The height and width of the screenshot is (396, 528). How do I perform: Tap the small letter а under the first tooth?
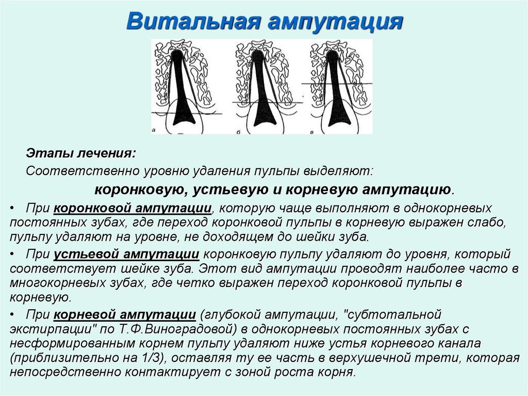point(155,130)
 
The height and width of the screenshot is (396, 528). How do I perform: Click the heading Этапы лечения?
point(81,154)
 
